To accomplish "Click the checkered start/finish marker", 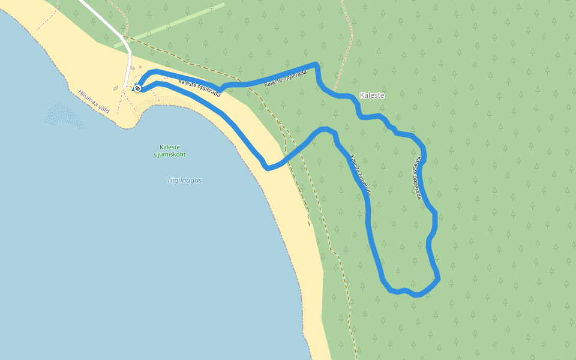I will [x=137, y=88].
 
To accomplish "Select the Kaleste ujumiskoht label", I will [x=170, y=151].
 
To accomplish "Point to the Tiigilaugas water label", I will [x=184, y=180].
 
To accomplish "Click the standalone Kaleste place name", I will [x=372, y=95].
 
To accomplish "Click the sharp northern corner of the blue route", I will [x=316, y=64].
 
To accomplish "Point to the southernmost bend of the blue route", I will [x=416, y=295].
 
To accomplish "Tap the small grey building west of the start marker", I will [x=116, y=88].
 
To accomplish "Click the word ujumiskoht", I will [x=170, y=154].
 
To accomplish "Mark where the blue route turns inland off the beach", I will [x=268, y=167].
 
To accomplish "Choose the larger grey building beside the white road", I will [x=133, y=68].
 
